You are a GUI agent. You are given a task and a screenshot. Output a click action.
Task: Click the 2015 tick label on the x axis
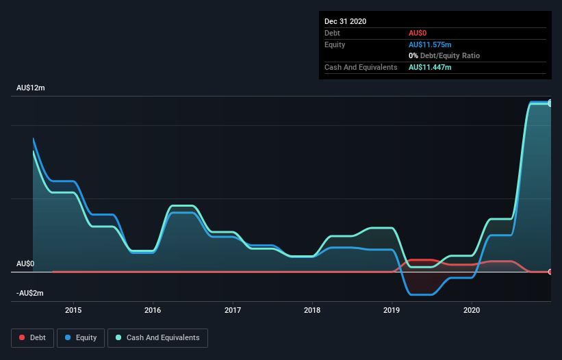click(x=73, y=309)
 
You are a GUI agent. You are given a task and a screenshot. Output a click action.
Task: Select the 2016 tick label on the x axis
click(x=153, y=309)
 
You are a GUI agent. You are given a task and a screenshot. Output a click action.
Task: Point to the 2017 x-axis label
click(x=233, y=309)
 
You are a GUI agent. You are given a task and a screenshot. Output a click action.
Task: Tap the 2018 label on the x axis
click(x=312, y=309)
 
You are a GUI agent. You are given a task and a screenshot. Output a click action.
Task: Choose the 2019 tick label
click(x=392, y=309)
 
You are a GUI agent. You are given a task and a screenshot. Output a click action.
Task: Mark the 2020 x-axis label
click(x=472, y=309)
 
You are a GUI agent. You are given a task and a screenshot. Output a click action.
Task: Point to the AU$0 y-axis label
click(x=25, y=263)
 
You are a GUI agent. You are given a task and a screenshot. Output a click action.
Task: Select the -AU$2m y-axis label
click(x=30, y=293)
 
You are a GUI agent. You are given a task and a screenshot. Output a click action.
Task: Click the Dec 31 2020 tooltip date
click(x=345, y=21)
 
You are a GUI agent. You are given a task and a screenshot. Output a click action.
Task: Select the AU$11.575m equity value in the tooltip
click(x=430, y=44)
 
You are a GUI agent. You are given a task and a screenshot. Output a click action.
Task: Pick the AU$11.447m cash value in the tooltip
click(x=430, y=67)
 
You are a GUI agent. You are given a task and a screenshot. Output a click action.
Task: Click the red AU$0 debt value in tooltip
click(x=418, y=33)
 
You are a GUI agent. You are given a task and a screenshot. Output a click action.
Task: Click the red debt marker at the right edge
click(x=550, y=272)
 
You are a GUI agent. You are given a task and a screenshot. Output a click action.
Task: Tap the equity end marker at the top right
click(x=550, y=103)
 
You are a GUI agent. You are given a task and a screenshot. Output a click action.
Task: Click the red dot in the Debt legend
click(x=23, y=337)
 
